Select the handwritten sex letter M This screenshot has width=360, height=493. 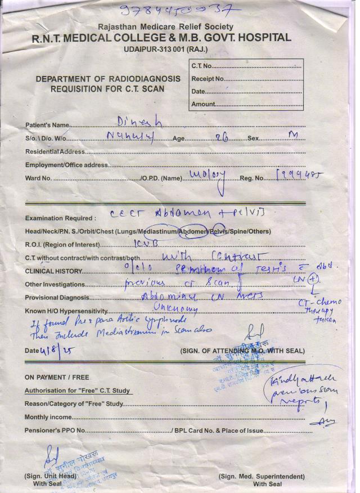(x=292, y=136)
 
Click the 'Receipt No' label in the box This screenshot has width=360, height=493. (x=208, y=79)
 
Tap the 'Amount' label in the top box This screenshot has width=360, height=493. (x=203, y=104)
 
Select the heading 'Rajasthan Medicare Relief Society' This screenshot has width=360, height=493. (x=165, y=27)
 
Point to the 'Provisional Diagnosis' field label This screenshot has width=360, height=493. (x=56, y=298)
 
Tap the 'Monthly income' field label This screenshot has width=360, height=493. (x=48, y=417)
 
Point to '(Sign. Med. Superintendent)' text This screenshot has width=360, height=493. (x=262, y=476)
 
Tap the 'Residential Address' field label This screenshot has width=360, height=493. (x=55, y=151)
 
